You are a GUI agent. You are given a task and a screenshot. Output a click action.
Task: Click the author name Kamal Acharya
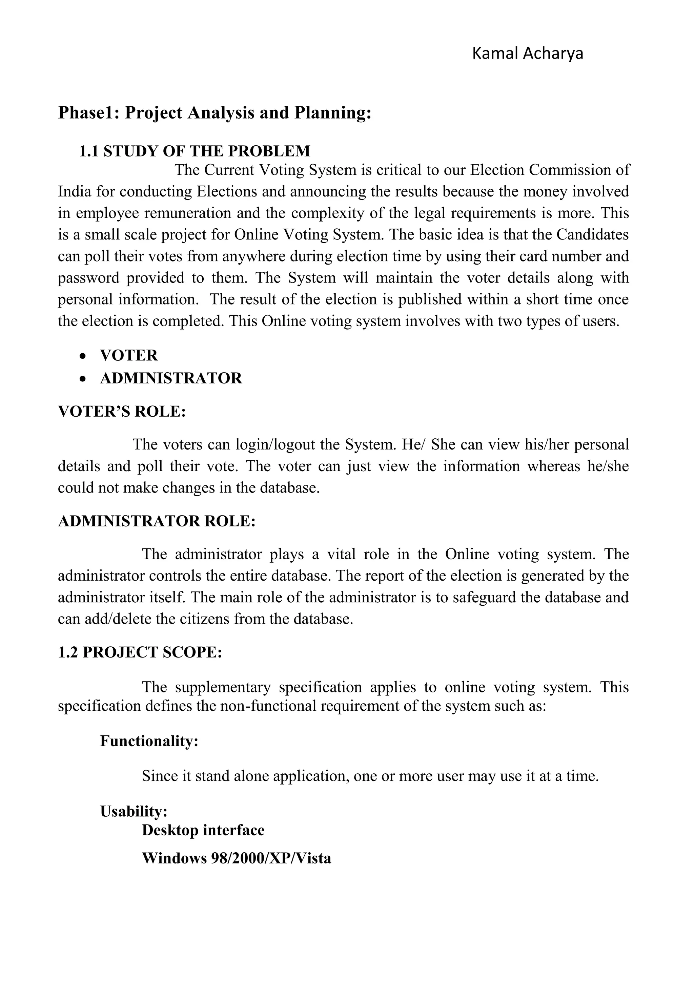click(527, 54)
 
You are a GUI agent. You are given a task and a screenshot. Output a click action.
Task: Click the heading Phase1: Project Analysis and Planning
click(215, 113)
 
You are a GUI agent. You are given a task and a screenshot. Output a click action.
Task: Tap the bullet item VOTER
click(129, 355)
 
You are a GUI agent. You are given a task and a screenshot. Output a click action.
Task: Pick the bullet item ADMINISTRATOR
click(171, 378)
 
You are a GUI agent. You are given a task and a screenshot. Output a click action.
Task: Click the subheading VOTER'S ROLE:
click(122, 412)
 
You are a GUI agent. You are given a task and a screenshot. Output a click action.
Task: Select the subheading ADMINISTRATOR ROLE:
click(157, 521)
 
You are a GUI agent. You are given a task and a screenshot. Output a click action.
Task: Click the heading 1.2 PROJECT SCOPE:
click(140, 652)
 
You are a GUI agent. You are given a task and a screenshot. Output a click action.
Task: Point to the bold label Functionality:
click(149, 741)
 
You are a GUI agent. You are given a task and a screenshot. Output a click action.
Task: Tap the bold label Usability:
click(133, 811)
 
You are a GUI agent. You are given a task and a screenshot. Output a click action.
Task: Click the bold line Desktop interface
click(203, 830)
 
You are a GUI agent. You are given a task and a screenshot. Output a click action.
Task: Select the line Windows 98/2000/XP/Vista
click(236, 858)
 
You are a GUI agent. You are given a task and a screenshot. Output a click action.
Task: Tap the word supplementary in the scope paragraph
click(223, 687)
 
